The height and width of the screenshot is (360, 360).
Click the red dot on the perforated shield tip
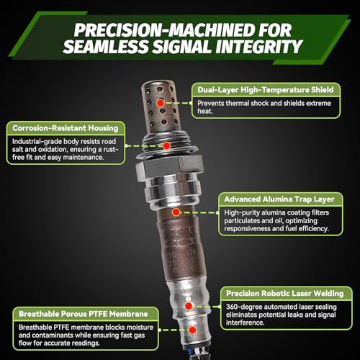(161, 103)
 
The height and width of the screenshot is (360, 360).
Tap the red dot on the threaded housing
(166, 145)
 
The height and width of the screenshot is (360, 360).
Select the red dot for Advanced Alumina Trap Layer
(176, 212)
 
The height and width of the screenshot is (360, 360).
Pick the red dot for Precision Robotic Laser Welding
(189, 306)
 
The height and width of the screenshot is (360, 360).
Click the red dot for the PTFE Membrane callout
(192, 330)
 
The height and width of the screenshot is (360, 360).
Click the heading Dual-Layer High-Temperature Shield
(266, 90)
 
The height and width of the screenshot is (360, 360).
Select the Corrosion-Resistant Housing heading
(66, 128)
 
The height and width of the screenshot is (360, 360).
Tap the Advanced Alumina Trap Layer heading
(279, 199)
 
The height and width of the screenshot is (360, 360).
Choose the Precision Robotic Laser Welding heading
(285, 293)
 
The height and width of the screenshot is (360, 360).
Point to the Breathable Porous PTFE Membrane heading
(84, 314)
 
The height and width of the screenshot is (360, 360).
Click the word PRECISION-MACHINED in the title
(161, 30)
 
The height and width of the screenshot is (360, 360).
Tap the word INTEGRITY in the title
(258, 46)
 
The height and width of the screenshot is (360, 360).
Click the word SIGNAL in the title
(182, 46)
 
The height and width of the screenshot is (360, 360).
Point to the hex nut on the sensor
(170, 168)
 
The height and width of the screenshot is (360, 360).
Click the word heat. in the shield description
(205, 111)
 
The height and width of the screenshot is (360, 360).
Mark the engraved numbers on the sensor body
(182, 261)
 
